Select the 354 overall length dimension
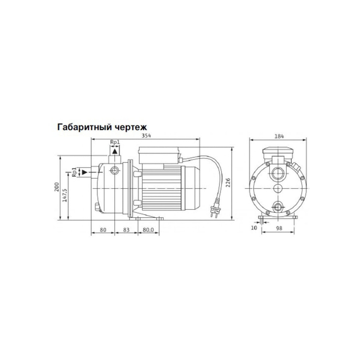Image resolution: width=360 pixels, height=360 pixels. click(146, 136)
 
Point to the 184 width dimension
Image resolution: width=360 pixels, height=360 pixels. click(279, 136)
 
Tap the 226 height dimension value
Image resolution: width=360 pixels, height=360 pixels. click(227, 183)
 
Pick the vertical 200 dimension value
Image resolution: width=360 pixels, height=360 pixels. click(57, 187)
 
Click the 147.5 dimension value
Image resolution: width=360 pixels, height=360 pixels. click(65, 195)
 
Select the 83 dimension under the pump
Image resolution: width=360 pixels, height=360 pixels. click(126, 230)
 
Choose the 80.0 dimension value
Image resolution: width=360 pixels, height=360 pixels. click(148, 230)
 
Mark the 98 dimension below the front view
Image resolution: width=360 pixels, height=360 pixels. click(279, 228)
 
